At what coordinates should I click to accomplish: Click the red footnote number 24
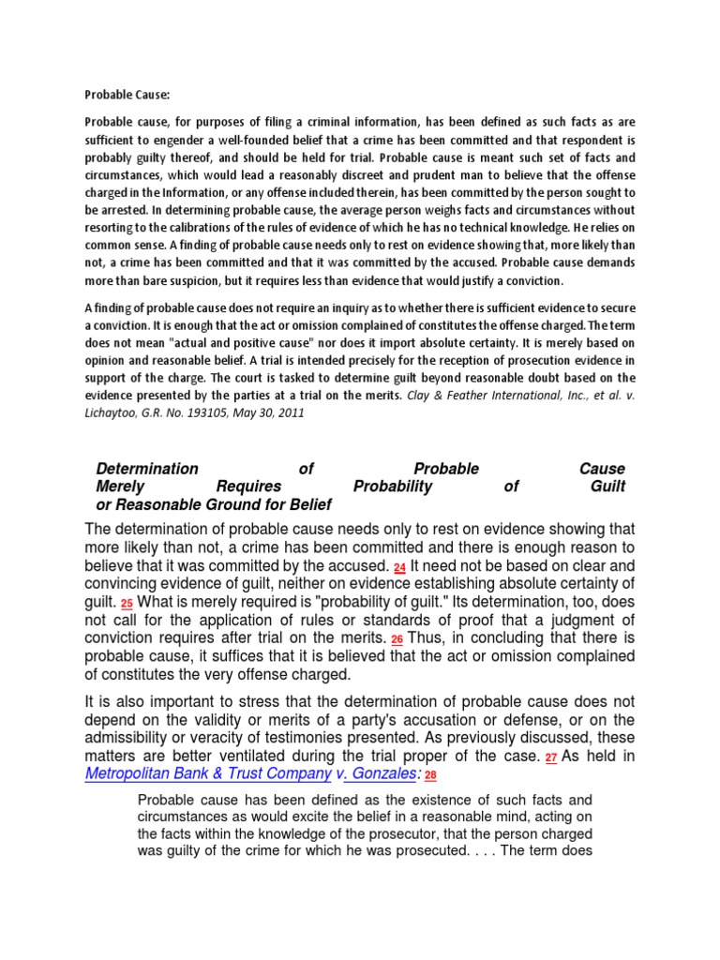tap(399, 568)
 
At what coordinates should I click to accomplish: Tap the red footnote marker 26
tap(397, 639)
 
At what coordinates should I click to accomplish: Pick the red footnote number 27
tap(551, 757)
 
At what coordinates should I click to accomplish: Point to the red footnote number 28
tap(430, 776)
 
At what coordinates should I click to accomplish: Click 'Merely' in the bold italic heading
tap(120, 487)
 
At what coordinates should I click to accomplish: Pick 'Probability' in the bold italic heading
tap(393, 487)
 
